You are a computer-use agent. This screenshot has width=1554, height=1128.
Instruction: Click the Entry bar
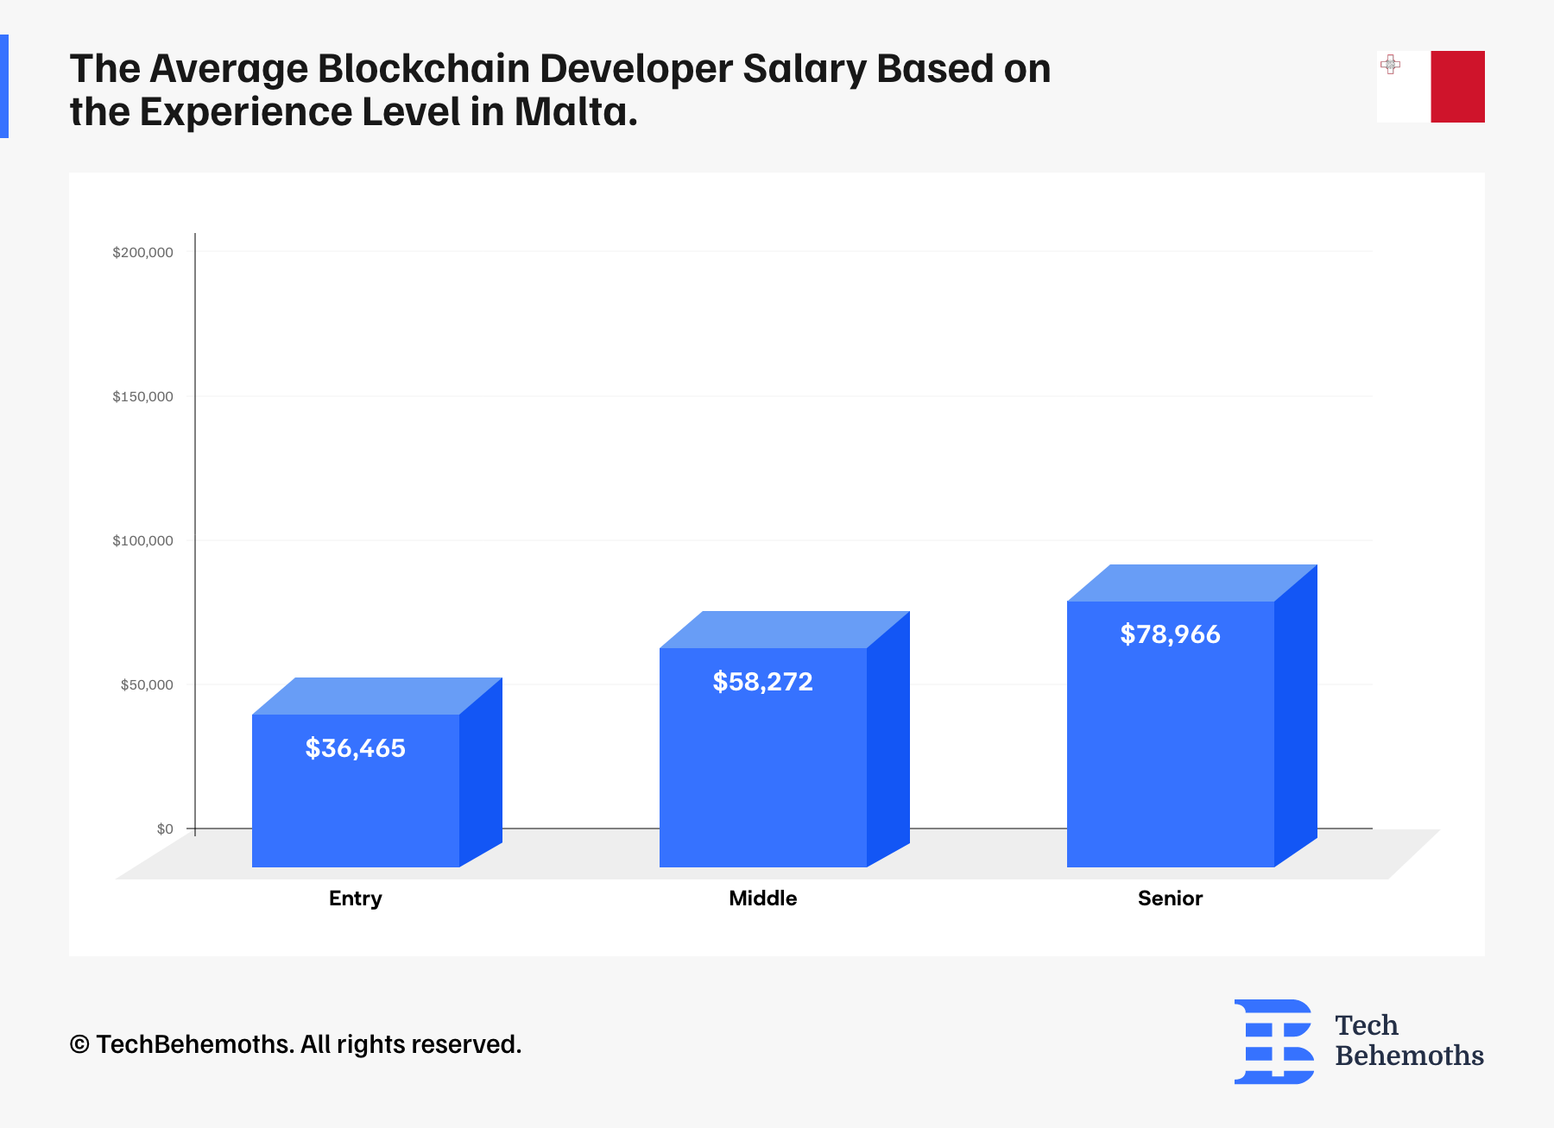(356, 803)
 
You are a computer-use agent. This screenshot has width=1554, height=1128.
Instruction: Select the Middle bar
(763, 768)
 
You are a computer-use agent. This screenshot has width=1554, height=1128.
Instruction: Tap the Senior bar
(1171, 742)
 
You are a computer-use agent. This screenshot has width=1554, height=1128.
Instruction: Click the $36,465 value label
(356, 748)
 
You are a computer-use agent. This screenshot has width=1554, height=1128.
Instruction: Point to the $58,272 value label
(763, 682)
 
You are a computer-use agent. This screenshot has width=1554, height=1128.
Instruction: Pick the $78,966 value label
(1171, 634)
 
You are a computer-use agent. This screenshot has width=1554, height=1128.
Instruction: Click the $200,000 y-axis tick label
(142, 252)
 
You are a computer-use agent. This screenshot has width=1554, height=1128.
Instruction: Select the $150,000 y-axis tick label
(142, 396)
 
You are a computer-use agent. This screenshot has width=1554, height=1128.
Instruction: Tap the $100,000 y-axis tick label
(142, 540)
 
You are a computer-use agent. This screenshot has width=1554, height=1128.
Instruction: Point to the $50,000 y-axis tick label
(147, 684)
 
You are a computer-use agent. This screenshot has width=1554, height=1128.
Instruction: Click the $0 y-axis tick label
(165, 829)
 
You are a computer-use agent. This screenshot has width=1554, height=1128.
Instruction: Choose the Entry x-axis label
(356, 898)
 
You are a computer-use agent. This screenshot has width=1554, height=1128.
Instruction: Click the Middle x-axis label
(763, 898)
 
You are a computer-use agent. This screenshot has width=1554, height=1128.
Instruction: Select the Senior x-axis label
(1171, 898)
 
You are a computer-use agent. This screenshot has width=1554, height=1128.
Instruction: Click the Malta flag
(1431, 86)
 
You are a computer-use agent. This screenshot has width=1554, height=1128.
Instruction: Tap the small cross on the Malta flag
(1390, 64)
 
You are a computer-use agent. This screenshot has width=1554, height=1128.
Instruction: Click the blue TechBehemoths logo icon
(1274, 1041)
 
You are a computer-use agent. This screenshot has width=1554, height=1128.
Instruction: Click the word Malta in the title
(575, 112)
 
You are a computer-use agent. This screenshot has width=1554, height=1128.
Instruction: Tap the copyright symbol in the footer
(79, 1044)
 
